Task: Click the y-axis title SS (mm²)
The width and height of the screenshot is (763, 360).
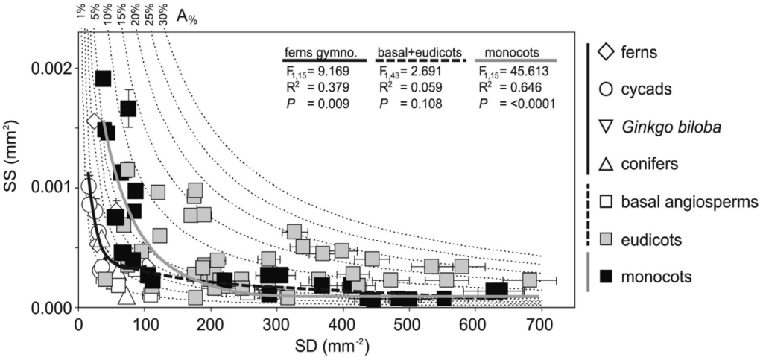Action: [x=14, y=171]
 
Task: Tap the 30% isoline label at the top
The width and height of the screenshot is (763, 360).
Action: [x=162, y=15]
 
